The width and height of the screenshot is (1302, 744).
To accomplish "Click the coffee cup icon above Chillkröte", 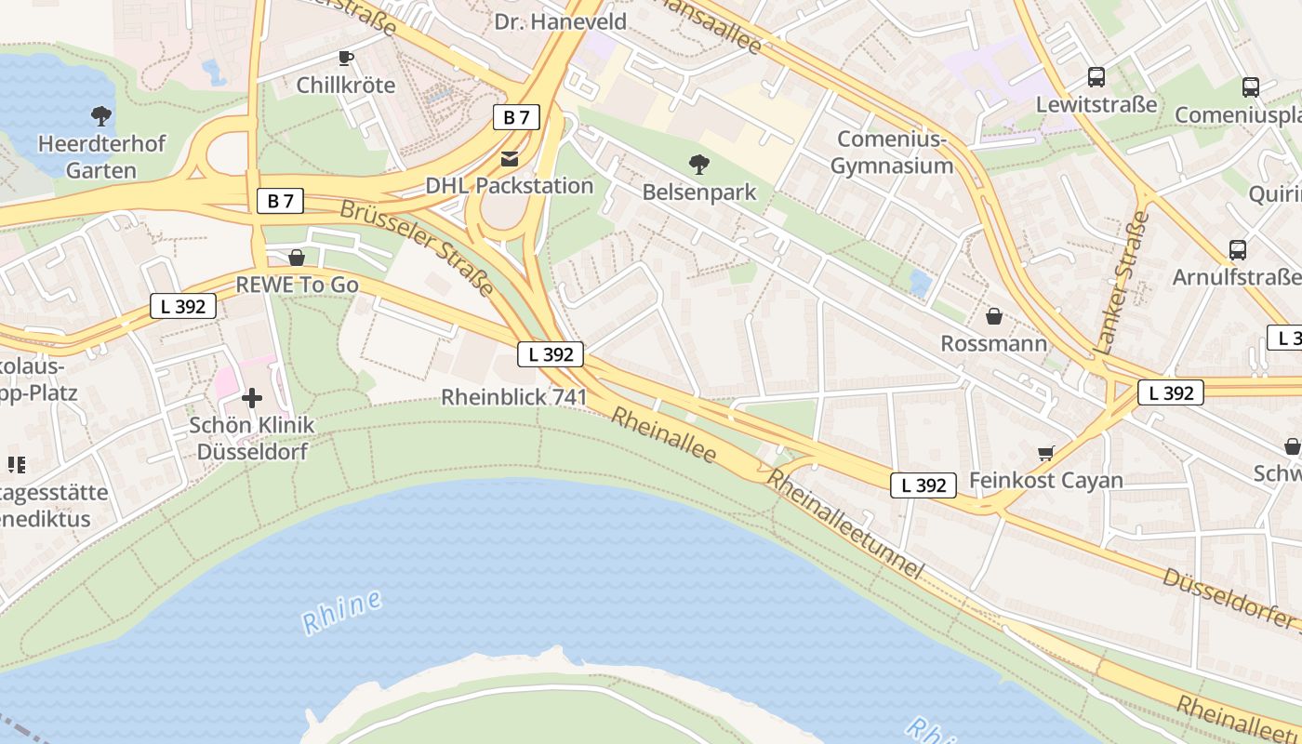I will [346, 58].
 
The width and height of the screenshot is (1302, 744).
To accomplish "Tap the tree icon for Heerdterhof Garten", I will [101, 116].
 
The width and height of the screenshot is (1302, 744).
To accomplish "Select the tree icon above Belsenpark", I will [699, 166].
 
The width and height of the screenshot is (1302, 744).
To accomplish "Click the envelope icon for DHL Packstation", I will [510, 159].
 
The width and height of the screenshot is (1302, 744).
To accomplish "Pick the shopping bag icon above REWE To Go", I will [297, 258].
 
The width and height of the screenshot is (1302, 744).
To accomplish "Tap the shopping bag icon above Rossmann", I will [994, 316].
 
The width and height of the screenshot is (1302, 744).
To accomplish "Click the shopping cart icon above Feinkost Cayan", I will [1046, 453].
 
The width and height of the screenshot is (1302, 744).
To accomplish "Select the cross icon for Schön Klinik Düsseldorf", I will [252, 398].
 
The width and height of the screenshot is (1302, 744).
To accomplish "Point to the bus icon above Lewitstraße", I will [1096, 77].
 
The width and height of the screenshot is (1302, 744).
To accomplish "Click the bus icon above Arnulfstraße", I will [1238, 249].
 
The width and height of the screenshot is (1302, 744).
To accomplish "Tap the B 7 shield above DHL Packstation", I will [516, 117].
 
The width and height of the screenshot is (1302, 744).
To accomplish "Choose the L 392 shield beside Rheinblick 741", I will [551, 354].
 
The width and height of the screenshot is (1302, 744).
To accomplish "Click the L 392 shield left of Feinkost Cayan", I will [923, 485].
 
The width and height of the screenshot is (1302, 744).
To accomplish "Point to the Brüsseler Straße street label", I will [417, 246].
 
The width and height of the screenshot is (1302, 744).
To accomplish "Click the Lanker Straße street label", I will [1122, 283].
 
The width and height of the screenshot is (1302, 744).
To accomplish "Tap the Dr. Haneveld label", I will [560, 21].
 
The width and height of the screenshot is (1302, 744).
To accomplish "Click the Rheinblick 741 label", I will [513, 397].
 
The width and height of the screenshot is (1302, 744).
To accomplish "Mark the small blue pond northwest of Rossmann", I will [920, 283].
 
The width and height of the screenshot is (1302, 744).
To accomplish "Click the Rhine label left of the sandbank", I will [342, 612].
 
